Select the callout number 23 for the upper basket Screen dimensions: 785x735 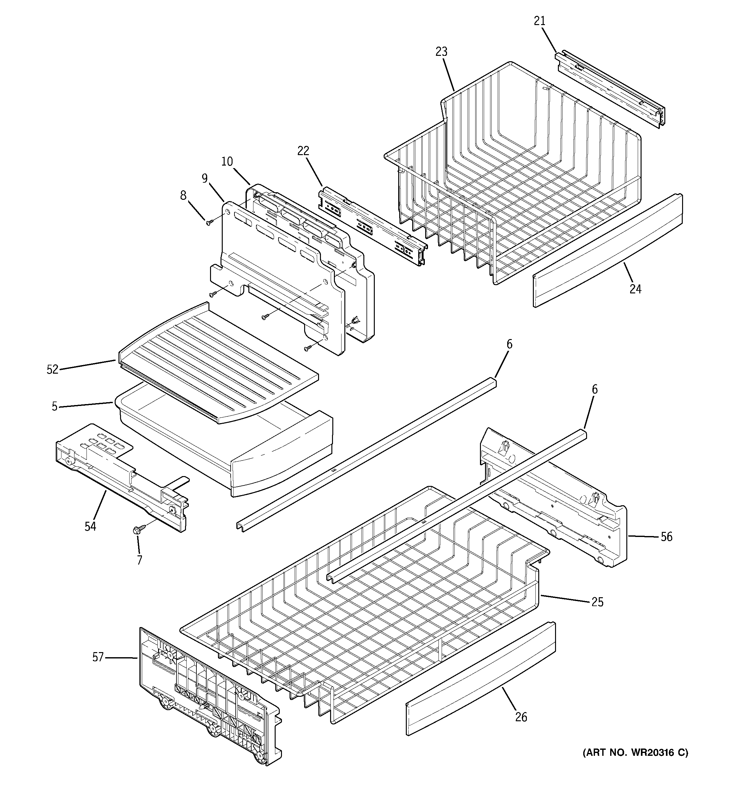[441, 52]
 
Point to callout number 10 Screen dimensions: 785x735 [227, 161]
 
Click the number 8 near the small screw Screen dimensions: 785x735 [183, 195]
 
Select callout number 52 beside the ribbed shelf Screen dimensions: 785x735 [53, 370]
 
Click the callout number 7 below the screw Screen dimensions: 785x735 [139, 560]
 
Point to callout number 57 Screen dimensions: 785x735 [98, 657]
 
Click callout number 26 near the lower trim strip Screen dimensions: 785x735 [521, 717]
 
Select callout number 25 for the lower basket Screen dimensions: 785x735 [597, 602]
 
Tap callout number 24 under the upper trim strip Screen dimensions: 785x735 [635, 289]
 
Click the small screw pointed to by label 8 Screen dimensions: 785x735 [209, 223]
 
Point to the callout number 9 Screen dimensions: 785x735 [204, 179]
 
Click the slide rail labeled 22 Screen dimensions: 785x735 [373, 227]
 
